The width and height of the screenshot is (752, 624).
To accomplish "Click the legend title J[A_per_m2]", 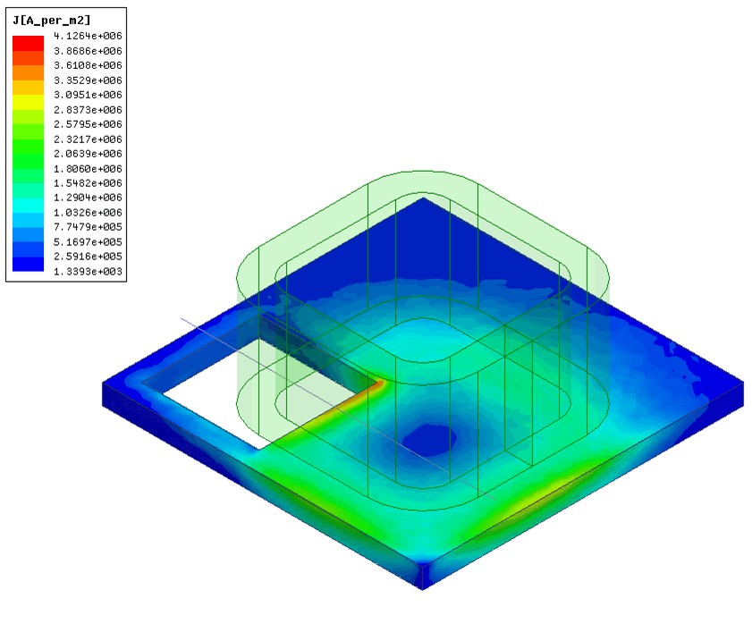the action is (x=52, y=21).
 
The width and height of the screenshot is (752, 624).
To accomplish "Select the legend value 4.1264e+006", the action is (x=88, y=36).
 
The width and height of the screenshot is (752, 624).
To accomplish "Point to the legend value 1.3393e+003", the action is (x=88, y=272).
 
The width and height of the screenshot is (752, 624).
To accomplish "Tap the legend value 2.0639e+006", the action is (x=88, y=154).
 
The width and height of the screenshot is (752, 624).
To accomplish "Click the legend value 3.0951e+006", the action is (x=88, y=95).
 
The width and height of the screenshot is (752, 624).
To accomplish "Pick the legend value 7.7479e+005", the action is (x=88, y=227).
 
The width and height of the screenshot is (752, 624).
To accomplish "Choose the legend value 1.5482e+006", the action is (x=88, y=182).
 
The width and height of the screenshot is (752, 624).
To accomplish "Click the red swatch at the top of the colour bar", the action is (x=28, y=43).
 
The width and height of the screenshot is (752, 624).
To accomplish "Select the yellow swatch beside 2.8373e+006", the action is (x=28, y=102).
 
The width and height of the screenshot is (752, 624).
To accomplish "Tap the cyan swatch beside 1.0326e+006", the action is (x=28, y=206).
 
